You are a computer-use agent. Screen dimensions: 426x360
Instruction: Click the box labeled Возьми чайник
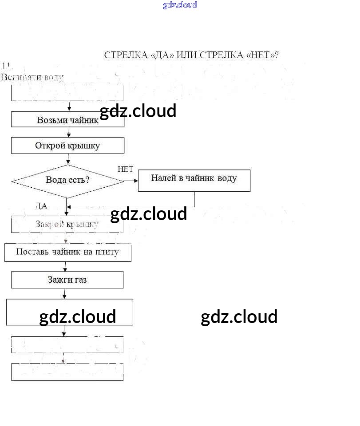click(67, 119)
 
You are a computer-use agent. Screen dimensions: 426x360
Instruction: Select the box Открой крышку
click(67, 146)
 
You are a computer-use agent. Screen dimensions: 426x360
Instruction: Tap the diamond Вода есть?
click(67, 181)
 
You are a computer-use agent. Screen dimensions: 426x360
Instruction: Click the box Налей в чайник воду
click(194, 180)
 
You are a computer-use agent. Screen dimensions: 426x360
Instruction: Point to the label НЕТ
click(125, 170)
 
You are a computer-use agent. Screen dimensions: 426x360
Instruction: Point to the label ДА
click(41, 206)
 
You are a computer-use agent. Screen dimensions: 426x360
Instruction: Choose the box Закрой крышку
click(67, 225)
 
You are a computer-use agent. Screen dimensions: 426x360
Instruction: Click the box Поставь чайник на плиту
click(67, 252)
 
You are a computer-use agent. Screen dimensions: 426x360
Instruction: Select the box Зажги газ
click(67, 280)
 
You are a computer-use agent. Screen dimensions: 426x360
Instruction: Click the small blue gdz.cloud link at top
click(180, 5)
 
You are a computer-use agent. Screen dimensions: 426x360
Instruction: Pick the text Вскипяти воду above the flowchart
click(32, 77)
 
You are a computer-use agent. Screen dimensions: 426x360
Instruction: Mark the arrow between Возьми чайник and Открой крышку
click(68, 132)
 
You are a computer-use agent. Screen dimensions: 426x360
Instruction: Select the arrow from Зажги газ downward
click(65, 294)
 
